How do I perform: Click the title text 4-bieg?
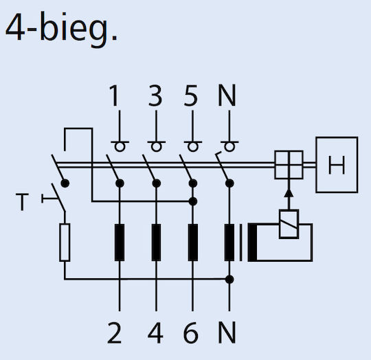61,30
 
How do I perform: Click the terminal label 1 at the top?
115,95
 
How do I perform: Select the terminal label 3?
155,95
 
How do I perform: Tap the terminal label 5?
191,95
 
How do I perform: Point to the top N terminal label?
227,95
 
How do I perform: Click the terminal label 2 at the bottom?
115,333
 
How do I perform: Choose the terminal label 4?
155,333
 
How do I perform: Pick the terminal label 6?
191,333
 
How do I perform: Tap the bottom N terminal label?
227,333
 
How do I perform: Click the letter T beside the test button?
22,202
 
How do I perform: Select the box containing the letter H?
337,165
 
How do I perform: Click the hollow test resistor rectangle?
65,243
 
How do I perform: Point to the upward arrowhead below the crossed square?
289,192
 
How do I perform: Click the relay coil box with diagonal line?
289,224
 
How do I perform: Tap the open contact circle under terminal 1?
120,146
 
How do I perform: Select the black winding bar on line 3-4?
156,243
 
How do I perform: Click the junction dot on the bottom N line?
229,280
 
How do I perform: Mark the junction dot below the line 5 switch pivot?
193,201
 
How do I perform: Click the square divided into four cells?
289,165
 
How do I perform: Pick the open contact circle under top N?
229,146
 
